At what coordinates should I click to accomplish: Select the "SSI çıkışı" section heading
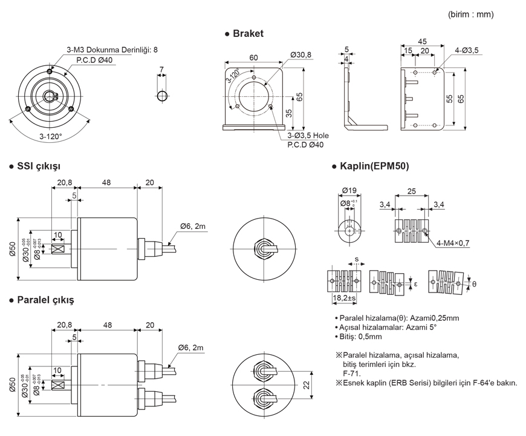(x=37, y=166)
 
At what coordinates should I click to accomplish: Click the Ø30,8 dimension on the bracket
(x=300, y=55)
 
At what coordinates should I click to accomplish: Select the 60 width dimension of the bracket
(x=253, y=58)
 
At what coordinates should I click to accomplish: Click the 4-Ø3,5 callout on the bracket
(x=466, y=51)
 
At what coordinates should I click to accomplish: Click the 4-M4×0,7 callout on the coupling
(x=452, y=243)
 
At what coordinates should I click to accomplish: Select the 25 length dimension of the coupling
(x=411, y=191)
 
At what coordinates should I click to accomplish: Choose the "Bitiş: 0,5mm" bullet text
(x=360, y=336)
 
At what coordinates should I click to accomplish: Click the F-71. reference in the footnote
(x=351, y=374)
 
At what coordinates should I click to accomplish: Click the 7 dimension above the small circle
(x=161, y=70)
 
